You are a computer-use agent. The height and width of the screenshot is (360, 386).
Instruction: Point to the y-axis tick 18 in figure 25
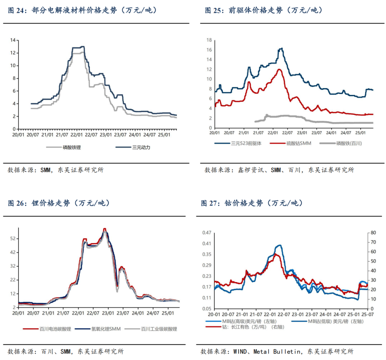coord(209,40)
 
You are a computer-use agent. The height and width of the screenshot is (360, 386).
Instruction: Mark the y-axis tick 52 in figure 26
coord(12,238)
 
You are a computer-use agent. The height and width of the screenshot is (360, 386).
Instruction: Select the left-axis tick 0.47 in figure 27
coord(206,233)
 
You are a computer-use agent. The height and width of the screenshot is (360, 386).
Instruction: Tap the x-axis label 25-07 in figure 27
coord(368,314)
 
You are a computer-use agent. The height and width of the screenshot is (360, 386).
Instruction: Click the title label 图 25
coord(216,10)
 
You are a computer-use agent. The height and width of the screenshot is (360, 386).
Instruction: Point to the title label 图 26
coord(18,203)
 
